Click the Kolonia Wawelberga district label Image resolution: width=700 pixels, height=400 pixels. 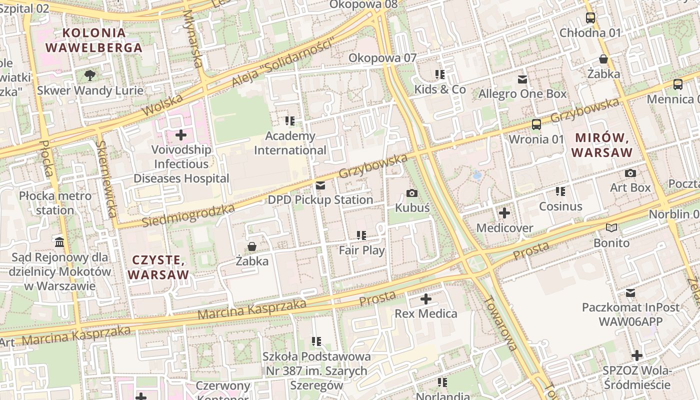[x=94, y=40]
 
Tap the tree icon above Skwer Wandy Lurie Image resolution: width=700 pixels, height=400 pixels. [x=90, y=75]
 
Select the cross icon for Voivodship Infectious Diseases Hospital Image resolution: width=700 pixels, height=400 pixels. [x=181, y=135]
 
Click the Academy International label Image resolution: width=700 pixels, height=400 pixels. [x=290, y=143]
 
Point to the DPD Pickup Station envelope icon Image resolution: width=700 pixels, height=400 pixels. [x=320, y=185]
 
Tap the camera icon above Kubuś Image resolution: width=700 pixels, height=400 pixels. [x=412, y=193]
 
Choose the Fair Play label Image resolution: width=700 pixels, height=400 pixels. [x=361, y=250]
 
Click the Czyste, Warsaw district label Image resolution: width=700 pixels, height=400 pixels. [x=158, y=267]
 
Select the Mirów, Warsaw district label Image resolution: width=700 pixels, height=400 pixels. [x=602, y=145]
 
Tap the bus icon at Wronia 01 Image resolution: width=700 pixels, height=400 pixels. [x=536, y=124]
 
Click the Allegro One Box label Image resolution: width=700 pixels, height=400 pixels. [x=522, y=94]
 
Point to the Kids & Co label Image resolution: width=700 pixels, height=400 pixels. [x=440, y=89]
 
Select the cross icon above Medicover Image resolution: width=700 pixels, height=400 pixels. [x=504, y=213]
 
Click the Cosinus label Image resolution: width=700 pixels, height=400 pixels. [x=560, y=206]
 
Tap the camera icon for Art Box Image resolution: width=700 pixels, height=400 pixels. [x=630, y=173]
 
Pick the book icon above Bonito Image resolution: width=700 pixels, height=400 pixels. [x=611, y=228]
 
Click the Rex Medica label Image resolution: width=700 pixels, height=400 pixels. [x=426, y=313]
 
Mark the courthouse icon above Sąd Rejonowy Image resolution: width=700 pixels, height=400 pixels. [x=59, y=242]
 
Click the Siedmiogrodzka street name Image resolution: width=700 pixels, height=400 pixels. [x=188, y=215]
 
